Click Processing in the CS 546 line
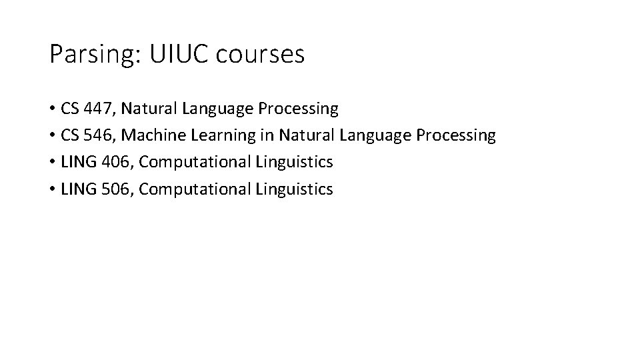pos(455,135)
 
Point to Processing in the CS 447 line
pos(298,108)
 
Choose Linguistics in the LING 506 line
pos(294,189)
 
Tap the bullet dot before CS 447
pos(51,109)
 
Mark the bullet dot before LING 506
pos(51,190)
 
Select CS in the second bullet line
pos(69,135)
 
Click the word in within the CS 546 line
pos(267,135)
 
